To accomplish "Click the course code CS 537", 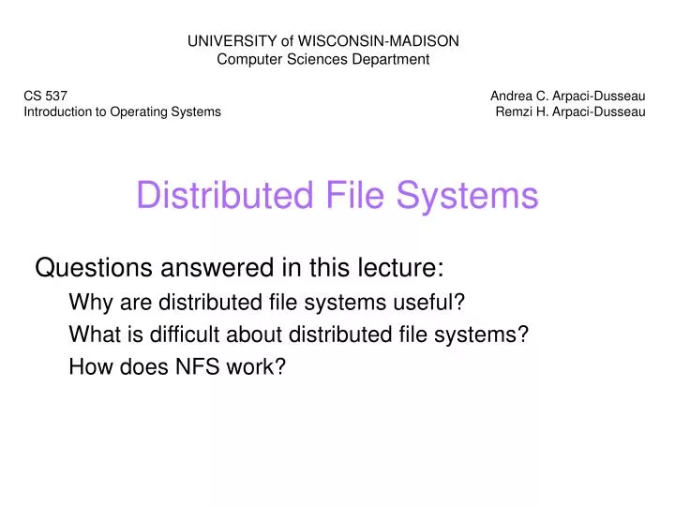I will click(45, 95).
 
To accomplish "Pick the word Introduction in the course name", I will click(59, 112).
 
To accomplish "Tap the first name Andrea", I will click(512, 95).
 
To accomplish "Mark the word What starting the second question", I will click(92, 335).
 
